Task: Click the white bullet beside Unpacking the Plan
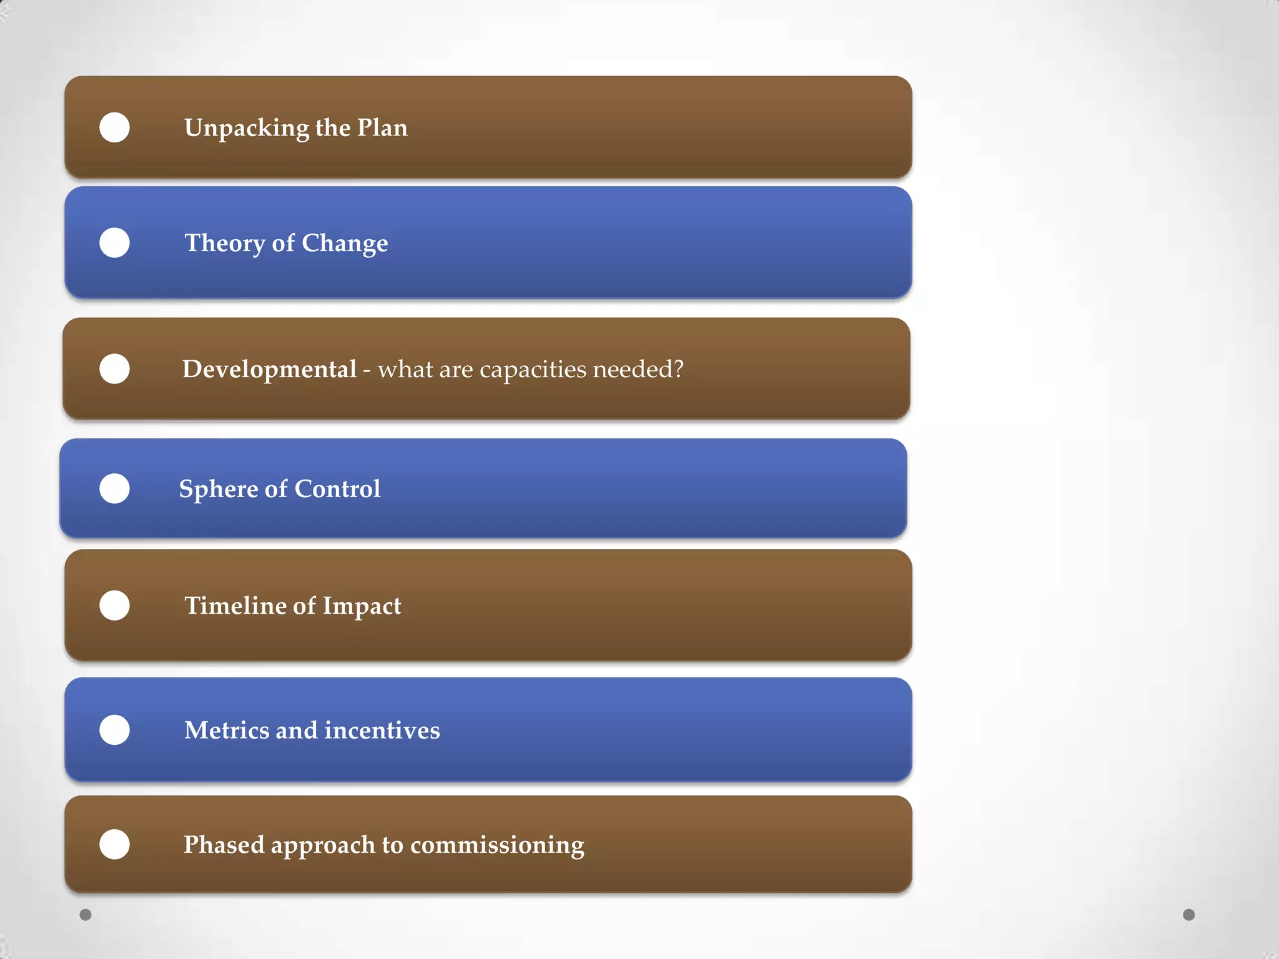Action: pos(114,127)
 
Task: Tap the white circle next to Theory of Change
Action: pos(114,242)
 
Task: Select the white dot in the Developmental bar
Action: pos(114,368)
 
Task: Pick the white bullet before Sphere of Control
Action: pos(114,488)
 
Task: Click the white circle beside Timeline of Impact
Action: pos(114,605)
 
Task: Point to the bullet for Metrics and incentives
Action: pos(114,729)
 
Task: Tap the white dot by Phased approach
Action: pos(114,844)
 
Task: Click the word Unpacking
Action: pos(246,129)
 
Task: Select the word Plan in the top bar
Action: pos(382,127)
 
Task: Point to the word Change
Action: pos(345,243)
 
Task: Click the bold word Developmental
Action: pos(269,370)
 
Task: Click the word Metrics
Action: pos(226,730)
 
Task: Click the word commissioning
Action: pos(497,845)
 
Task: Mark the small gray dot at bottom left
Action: pos(86,915)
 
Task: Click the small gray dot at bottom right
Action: pos(1188,915)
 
